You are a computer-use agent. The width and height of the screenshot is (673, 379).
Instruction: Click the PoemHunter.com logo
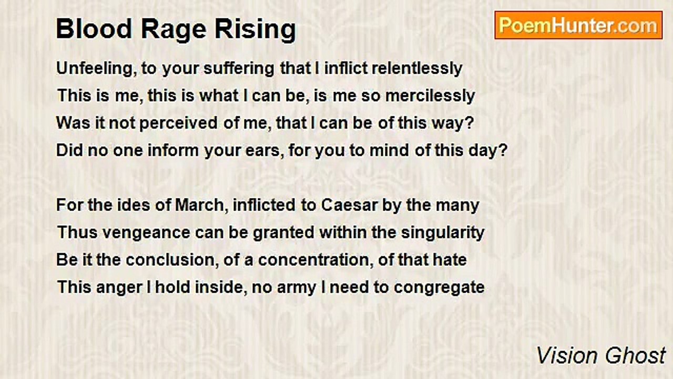pyautogui.click(x=578, y=25)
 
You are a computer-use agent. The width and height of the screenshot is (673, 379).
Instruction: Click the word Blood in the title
pyautogui.click(x=94, y=29)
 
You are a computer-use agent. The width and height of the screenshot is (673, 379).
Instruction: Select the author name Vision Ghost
pyautogui.click(x=601, y=355)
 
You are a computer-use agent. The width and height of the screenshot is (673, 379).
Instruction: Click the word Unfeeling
pyautogui.click(x=94, y=69)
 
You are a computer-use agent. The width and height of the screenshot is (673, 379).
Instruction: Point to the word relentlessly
pyautogui.click(x=417, y=68)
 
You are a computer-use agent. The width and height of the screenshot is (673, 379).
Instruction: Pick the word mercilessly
pyautogui.click(x=430, y=96)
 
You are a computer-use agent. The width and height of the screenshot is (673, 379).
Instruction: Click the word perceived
pyautogui.click(x=178, y=124)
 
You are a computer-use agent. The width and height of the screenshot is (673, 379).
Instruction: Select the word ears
pyautogui.click(x=263, y=151)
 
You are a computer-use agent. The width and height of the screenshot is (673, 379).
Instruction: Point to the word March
pyautogui.click(x=199, y=206)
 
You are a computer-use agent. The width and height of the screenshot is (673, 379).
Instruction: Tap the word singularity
pyautogui.click(x=443, y=233)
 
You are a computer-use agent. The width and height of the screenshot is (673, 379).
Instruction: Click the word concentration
pyautogui.click(x=313, y=260)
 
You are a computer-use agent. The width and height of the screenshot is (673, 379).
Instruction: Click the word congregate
pyautogui.click(x=439, y=288)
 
